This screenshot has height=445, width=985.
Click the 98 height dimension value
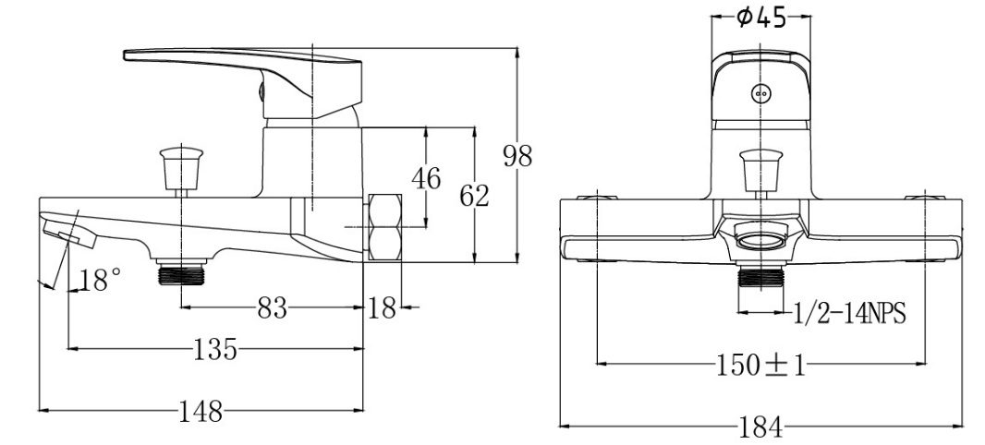point(517,156)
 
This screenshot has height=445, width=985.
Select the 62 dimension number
point(474,196)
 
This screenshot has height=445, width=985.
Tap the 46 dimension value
point(426,178)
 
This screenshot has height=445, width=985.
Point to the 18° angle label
point(100,280)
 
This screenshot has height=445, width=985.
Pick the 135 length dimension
point(215,349)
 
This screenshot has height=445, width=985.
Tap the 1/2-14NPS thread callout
point(849,314)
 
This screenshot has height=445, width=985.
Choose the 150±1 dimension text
point(760,365)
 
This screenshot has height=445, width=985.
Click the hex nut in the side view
point(386,228)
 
